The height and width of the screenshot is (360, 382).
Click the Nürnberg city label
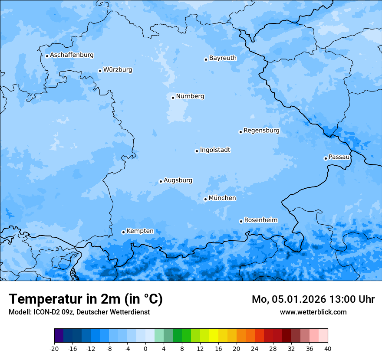[190, 96]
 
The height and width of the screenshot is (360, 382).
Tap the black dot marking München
[205, 199]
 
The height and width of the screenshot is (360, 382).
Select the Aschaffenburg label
[72, 55]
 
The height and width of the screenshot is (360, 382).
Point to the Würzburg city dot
[100, 71]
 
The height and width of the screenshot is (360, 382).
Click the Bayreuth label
[223, 58]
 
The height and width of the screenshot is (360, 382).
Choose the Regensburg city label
[261, 131]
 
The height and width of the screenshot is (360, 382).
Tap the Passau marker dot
[326, 158]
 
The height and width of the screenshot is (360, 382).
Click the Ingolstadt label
[215, 150]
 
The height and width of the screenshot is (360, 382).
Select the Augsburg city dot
[161, 181]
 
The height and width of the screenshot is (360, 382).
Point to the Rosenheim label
[260, 220]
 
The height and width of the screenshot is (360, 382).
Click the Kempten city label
[140, 231]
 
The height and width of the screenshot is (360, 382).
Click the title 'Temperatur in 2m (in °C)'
[86, 299]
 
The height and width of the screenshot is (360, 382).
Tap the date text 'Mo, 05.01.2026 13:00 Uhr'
[313, 299]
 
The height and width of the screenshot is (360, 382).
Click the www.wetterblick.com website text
[313, 312]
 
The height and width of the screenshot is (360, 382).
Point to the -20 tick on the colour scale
[54, 349]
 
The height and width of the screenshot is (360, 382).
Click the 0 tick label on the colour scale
[145, 349]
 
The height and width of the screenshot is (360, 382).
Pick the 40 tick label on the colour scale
[327, 349]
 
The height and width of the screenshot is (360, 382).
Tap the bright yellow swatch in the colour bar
[214, 336]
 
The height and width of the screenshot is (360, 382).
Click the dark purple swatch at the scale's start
[59, 336]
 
